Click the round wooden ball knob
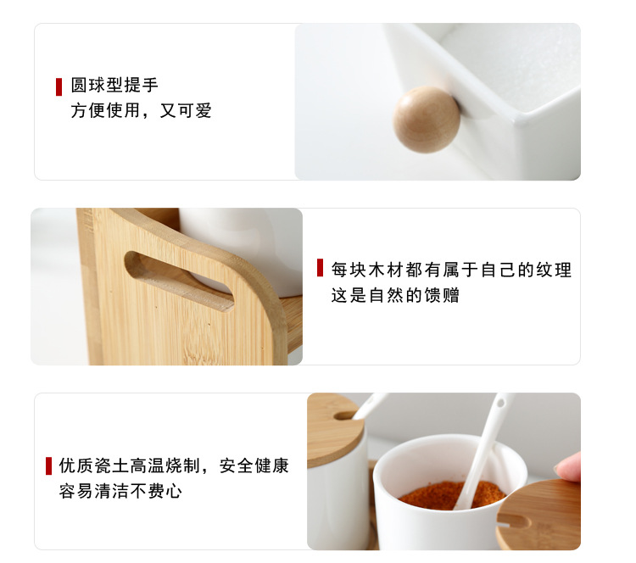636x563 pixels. pyautogui.click(x=426, y=119)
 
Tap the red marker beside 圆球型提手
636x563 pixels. pyautogui.click(x=59, y=86)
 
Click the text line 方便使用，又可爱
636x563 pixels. pyautogui.click(x=141, y=110)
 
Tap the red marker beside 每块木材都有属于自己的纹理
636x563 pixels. pyautogui.click(x=320, y=268)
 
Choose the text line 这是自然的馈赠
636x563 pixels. pyautogui.click(x=395, y=296)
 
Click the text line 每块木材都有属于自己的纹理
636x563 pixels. pyautogui.click(x=451, y=270)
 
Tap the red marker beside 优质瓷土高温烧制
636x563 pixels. pyautogui.click(x=48, y=465)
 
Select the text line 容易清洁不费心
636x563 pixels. pyautogui.click(x=120, y=491)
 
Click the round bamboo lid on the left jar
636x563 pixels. pyautogui.click(x=332, y=428)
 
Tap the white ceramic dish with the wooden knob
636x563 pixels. pyautogui.click(x=500, y=93)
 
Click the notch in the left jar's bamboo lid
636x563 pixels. pyautogui.click(x=346, y=415)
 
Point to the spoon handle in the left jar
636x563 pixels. pyautogui.click(x=371, y=404)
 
